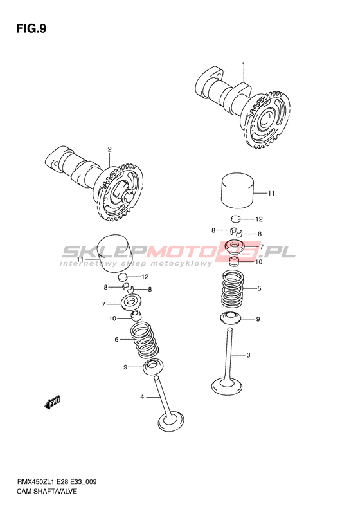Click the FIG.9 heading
32,29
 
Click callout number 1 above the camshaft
244,64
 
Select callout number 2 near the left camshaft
110,149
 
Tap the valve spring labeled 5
233,288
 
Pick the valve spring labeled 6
145,340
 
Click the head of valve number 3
227,385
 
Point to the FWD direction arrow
52,402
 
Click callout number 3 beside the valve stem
248,355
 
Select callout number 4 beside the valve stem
142,396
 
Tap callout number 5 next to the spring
259,288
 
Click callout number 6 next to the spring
117,340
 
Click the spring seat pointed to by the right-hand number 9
231,317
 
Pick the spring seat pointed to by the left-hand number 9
153,367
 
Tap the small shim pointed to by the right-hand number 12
236,219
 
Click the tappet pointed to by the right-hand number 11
237,190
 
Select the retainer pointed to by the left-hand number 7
130,303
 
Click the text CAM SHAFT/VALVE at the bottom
48,491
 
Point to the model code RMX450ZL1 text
35,482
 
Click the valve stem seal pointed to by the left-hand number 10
136,315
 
